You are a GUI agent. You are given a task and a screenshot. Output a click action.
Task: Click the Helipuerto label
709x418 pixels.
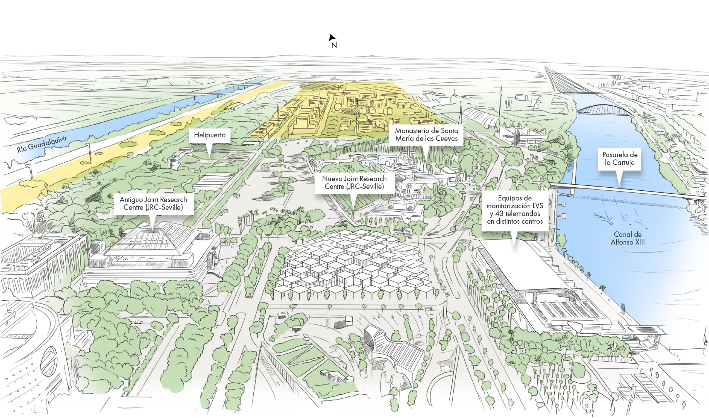point(210,135)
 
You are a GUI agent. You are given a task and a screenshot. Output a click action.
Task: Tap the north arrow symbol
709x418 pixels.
point(331,38)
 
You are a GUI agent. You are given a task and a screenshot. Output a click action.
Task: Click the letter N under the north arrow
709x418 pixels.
point(334,45)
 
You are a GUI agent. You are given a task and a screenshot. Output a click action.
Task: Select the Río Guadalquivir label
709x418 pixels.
point(42,144)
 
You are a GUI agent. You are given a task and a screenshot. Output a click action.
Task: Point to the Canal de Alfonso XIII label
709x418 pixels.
point(627,238)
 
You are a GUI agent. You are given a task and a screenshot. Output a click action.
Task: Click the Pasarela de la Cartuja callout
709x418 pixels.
point(620,159)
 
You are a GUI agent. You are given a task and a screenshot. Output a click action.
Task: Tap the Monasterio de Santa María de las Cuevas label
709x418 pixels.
point(426,135)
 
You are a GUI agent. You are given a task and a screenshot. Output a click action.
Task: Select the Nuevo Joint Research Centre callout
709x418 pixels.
point(354,183)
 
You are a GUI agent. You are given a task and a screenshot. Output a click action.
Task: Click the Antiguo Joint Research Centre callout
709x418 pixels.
point(153,204)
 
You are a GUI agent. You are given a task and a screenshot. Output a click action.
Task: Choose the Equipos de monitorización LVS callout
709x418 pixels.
point(514,210)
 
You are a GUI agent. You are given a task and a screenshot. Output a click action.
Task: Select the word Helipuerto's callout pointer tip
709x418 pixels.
point(210,157)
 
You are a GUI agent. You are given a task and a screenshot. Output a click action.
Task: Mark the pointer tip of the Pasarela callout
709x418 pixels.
point(620,185)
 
